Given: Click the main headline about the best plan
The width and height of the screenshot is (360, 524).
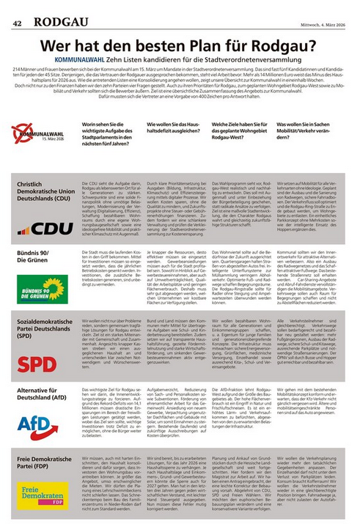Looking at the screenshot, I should (x=179, y=45).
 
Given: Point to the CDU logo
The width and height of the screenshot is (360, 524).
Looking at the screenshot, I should (x=45, y=228).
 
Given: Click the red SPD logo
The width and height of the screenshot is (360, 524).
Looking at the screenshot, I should (x=37, y=365).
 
